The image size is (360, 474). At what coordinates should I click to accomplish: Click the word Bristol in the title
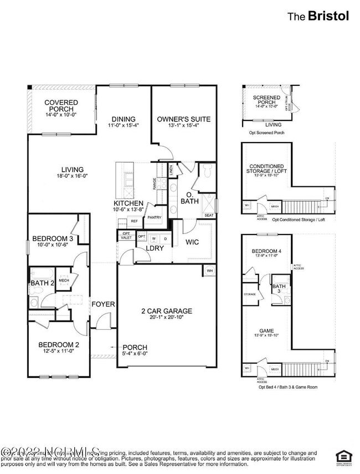click(329, 16)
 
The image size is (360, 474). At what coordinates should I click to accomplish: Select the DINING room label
click(124, 119)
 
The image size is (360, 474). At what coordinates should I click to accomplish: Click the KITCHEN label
click(129, 203)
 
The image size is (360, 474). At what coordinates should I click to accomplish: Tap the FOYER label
click(103, 304)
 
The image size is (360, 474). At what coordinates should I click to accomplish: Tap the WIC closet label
click(192, 242)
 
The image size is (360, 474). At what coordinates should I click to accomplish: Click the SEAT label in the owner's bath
click(209, 216)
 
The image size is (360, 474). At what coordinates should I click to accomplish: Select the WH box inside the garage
click(209, 271)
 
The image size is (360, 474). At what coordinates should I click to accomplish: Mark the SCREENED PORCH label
click(266, 100)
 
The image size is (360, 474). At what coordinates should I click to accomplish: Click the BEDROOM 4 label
click(265, 251)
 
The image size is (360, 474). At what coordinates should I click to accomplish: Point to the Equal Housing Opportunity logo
click(343, 456)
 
